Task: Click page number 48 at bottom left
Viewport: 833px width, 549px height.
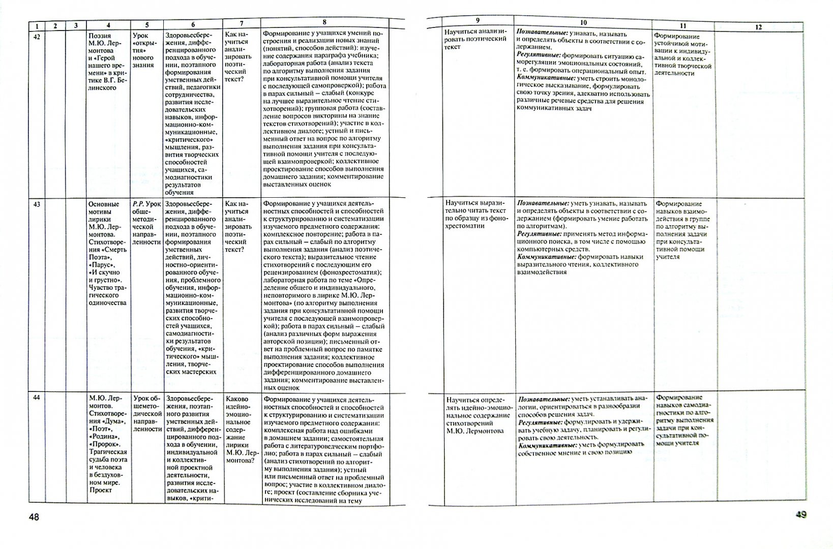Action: [x=34, y=517]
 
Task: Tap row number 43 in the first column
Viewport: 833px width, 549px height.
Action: [x=36, y=204]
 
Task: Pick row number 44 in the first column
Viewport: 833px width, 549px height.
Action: [x=36, y=398]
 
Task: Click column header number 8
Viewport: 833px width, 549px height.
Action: [x=324, y=22]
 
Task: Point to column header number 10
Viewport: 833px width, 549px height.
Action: [x=583, y=23]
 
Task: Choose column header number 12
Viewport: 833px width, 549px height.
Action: [x=758, y=27]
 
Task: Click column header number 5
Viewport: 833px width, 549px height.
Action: [x=147, y=24]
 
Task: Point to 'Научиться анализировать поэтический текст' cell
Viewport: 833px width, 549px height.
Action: [x=476, y=39]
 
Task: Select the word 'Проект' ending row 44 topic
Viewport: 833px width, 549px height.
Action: [x=100, y=491]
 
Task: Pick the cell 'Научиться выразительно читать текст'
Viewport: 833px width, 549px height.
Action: [x=476, y=214]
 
